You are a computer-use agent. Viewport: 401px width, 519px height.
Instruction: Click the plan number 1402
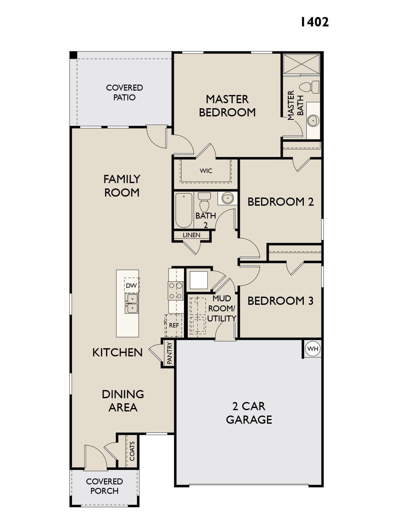coord(314,22)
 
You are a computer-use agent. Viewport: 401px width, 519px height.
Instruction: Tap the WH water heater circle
coord(313,349)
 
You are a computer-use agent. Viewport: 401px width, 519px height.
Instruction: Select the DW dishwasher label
coord(131,285)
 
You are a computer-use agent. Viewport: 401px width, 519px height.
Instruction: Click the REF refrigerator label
coord(174,325)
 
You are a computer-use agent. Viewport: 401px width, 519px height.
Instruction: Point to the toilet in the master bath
coord(309,87)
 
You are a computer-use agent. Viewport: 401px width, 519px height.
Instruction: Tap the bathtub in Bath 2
coord(184,210)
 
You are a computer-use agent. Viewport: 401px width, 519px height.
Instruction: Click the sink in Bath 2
coord(227,198)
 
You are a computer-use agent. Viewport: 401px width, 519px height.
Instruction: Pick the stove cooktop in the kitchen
coord(176,291)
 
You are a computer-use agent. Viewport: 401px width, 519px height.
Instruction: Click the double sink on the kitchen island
coord(131,303)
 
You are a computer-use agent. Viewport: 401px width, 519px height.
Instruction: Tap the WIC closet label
coord(206,171)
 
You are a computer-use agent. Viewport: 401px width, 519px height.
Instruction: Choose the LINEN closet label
coord(191,235)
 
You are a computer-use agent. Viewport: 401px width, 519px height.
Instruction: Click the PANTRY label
coord(170,353)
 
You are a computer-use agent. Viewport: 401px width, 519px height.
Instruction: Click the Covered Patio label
coord(125,92)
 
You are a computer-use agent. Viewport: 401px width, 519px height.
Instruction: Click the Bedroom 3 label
coord(281,301)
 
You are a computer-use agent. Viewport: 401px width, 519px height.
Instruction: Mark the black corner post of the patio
coord(73,55)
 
